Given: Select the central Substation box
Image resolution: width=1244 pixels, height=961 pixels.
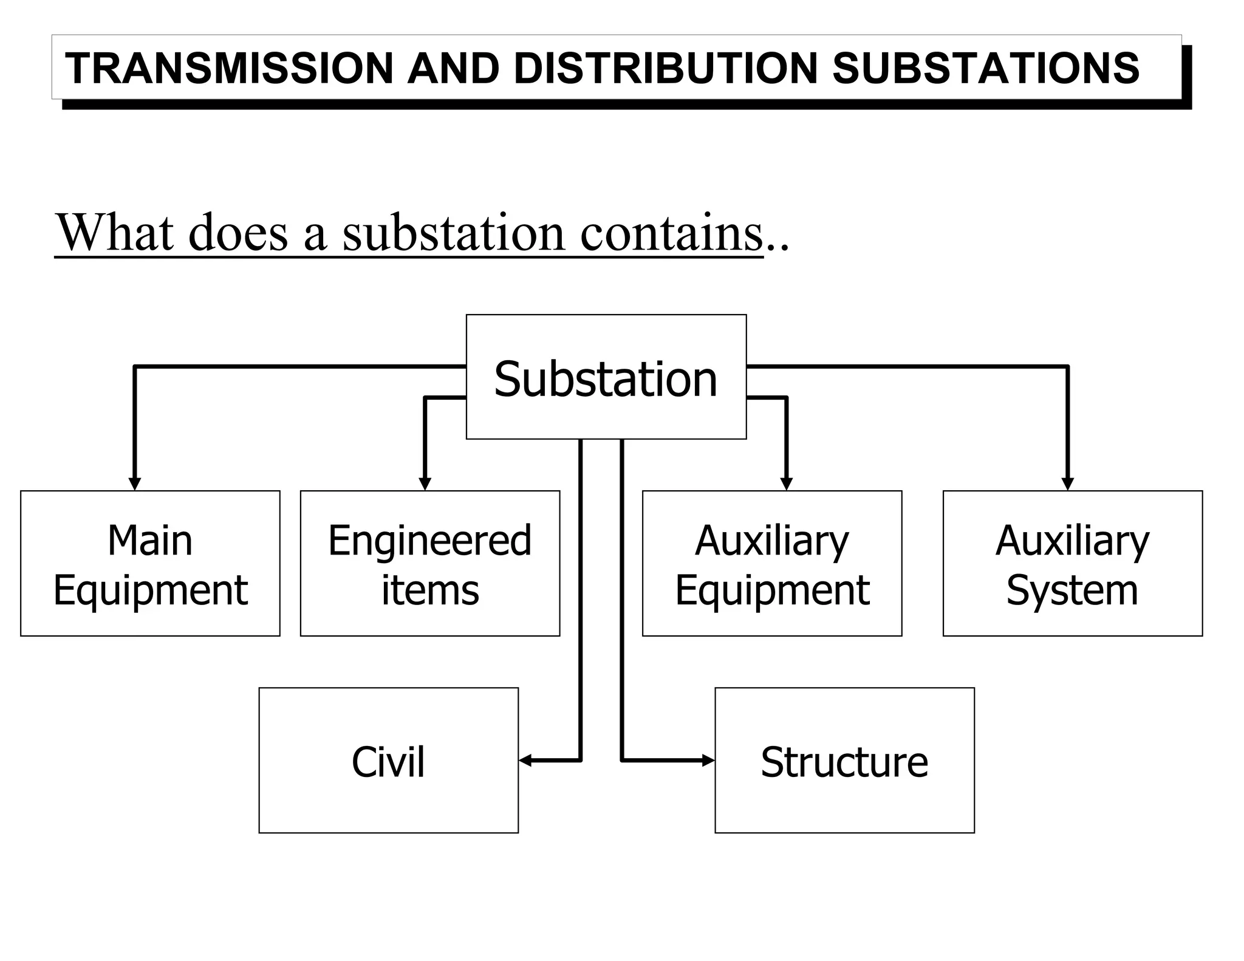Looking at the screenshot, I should point(606,377).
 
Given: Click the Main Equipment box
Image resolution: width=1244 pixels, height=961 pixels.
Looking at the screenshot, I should point(150,564).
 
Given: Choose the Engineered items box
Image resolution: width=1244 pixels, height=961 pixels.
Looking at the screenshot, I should point(430,564).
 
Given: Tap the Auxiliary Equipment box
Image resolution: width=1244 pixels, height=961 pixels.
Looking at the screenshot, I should point(772,564).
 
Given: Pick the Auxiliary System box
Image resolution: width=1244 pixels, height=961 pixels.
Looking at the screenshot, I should point(1072,564).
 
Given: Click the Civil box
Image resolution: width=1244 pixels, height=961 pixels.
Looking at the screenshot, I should point(388,761).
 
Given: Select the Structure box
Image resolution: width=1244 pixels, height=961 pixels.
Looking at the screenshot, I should point(844,761).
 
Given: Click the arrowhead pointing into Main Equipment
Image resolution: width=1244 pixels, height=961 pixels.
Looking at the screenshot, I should point(135,484).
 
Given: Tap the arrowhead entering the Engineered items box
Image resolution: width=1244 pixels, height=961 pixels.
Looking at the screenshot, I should point(425,484).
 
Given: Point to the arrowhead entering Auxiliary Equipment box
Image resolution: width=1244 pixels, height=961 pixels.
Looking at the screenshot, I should point(786,484).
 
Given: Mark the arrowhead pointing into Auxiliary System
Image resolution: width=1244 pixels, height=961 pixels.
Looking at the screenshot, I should point(1067,484).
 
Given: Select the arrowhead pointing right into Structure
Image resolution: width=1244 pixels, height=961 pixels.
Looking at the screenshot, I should point(708,760).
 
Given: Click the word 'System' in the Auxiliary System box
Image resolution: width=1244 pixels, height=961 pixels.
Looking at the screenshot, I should point(1072,590).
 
